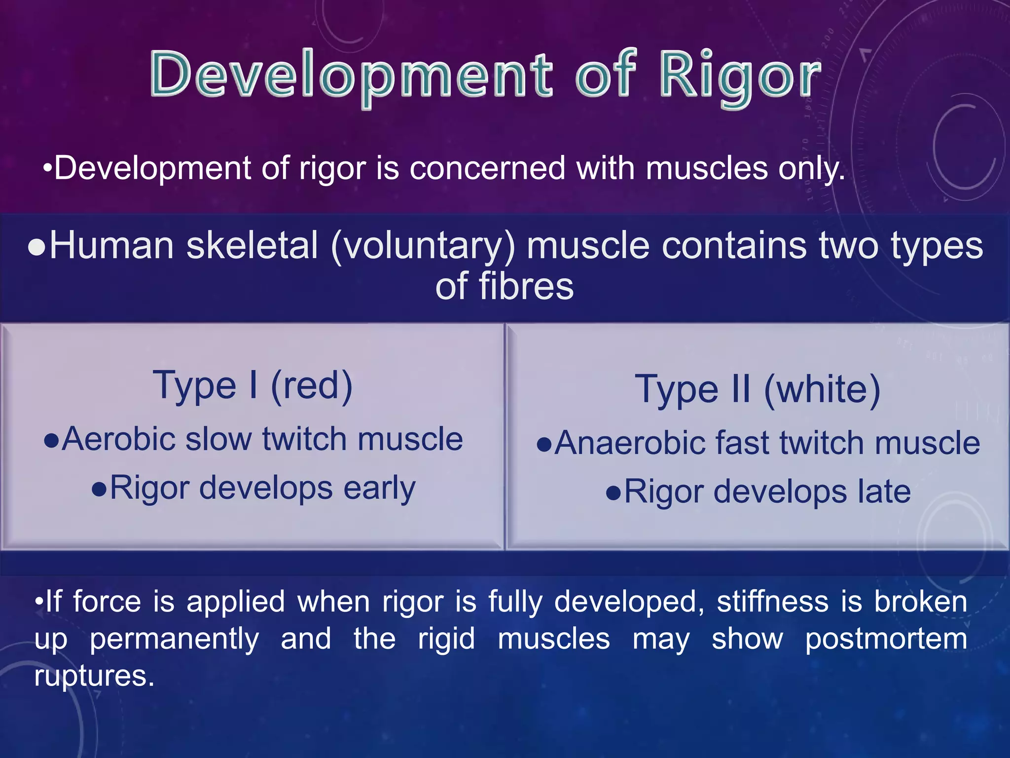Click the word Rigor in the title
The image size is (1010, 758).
pos(740,76)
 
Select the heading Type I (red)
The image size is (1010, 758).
pos(252,386)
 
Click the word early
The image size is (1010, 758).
pos(379,489)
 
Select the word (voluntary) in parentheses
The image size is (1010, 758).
pos(423,246)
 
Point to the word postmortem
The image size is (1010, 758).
pos(886,639)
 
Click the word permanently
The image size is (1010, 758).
pos(174,639)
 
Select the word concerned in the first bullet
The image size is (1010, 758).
pos(487,168)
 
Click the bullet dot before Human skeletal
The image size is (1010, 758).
pos(37,247)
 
